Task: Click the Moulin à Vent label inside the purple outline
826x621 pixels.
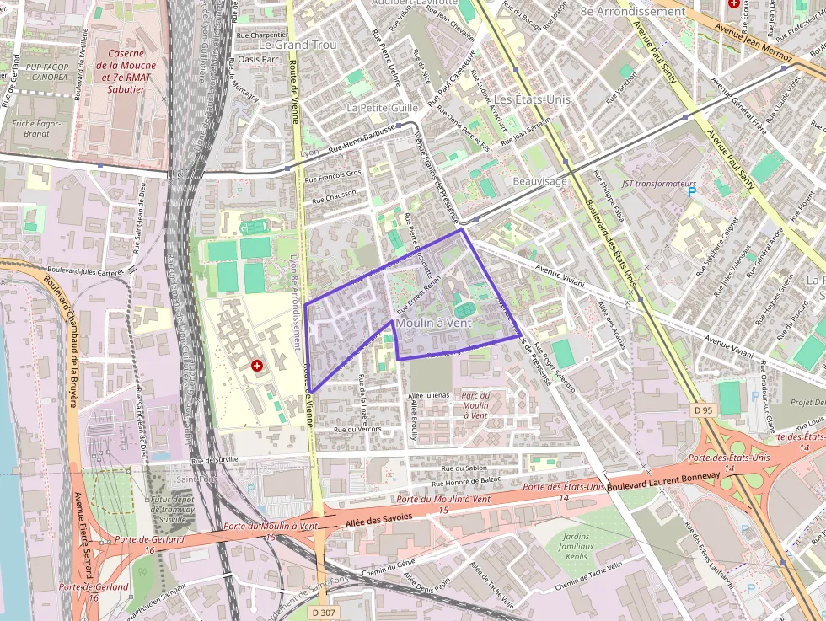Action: pyautogui.click(x=433, y=323)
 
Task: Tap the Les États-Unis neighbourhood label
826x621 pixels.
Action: pyautogui.click(x=532, y=99)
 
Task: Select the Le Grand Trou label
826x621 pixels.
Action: pyautogui.click(x=298, y=45)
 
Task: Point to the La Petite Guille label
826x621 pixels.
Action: pyautogui.click(x=382, y=109)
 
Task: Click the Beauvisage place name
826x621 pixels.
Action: pyautogui.click(x=539, y=181)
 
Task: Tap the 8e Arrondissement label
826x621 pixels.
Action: pyautogui.click(x=633, y=12)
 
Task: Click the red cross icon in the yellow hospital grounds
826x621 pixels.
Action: pyautogui.click(x=257, y=365)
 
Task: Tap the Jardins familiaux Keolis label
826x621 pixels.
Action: pyautogui.click(x=577, y=546)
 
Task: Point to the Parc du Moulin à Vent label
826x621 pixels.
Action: pyautogui.click(x=475, y=405)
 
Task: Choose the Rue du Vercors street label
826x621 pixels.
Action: pyautogui.click(x=357, y=429)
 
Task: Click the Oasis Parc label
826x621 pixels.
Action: pyautogui.click(x=258, y=59)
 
